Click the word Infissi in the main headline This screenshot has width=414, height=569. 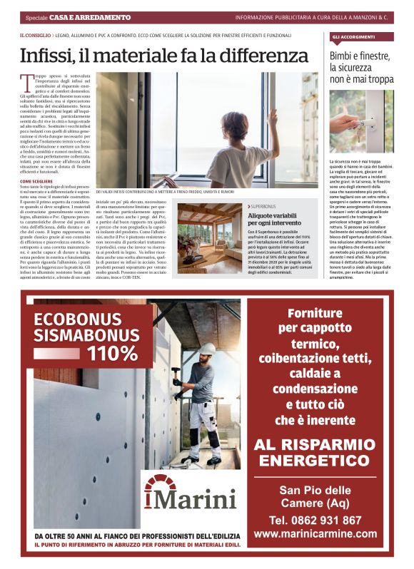46,56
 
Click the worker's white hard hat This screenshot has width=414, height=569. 206,349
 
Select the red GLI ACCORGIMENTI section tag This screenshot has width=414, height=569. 354,36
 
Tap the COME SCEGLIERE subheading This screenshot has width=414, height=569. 35,182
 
